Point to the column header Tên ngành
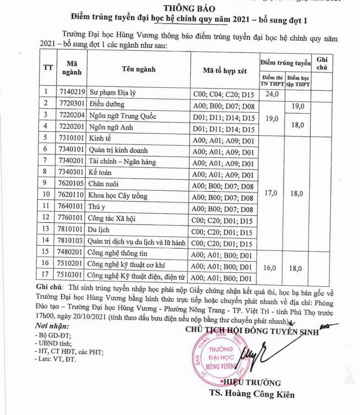(138, 69)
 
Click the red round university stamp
(218, 357)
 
